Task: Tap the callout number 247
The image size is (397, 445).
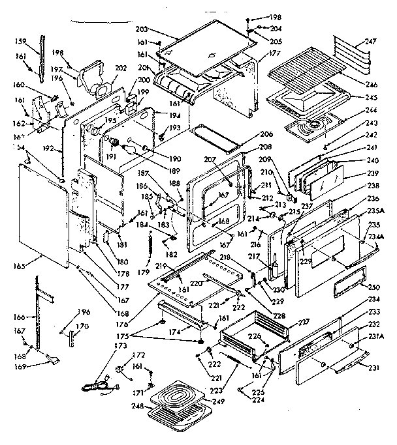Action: [x=370, y=40]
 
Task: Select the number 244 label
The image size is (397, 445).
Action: [x=372, y=111]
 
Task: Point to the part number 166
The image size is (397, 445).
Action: [x=20, y=317]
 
